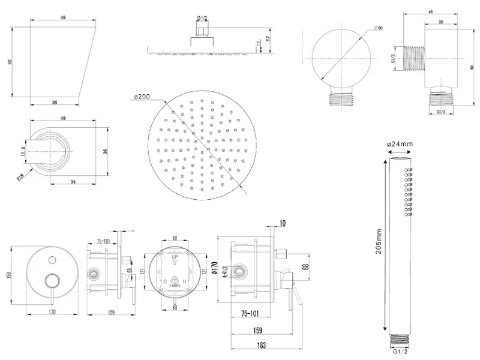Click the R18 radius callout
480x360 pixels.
[x=22, y=176]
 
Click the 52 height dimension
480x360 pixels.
[x=11, y=62]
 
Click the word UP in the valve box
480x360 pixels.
[x=175, y=257]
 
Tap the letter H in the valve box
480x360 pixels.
[x=185, y=280]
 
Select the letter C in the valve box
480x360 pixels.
[x=165, y=280]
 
